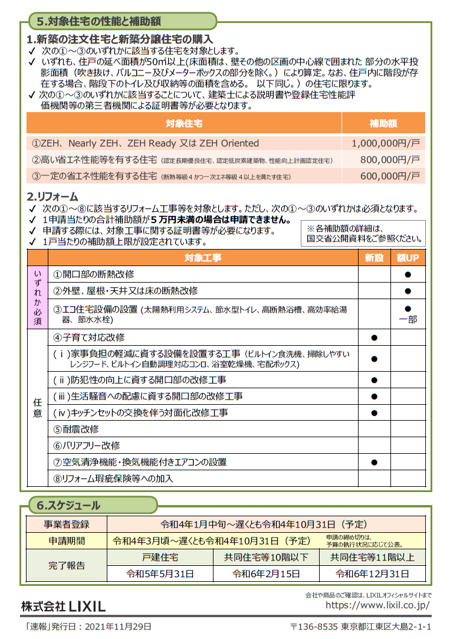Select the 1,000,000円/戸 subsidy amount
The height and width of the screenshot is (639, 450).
(x=385, y=143)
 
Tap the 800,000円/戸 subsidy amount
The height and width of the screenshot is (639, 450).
(x=389, y=159)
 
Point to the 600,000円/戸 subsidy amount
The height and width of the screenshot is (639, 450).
(x=389, y=176)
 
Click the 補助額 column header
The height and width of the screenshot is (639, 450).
(x=383, y=124)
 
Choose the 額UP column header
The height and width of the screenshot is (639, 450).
(x=408, y=258)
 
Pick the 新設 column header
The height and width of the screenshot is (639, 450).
(x=374, y=258)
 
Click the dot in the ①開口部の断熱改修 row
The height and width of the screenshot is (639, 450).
(x=408, y=275)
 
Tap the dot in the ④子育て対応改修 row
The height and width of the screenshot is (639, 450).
(x=374, y=338)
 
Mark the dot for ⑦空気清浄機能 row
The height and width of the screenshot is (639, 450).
(x=374, y=463)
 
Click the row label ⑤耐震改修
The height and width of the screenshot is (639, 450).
(x=76, y=429)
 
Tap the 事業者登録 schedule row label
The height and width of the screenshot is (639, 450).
(x=66, y=524)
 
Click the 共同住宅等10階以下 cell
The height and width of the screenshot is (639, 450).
(x=266, y=557)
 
